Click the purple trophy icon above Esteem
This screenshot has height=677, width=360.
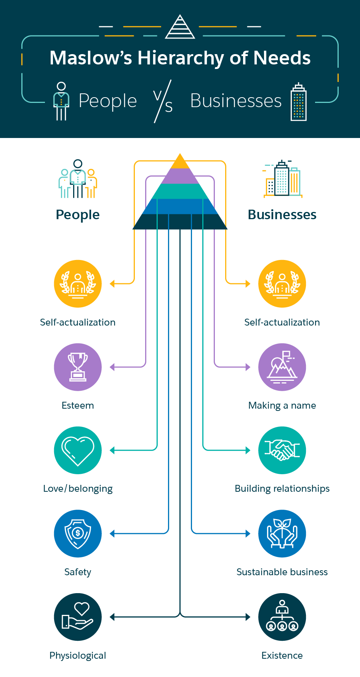tap(78, 367)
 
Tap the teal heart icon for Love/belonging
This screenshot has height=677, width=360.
tap(78, 450)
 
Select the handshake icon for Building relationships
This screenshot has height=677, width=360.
tap(282, 450)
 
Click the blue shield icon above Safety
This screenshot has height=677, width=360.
tap(78, 534)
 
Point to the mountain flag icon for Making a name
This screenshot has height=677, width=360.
tap(282, 367)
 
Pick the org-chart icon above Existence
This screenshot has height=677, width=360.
tap(282, 617)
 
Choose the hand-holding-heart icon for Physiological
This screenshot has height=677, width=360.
tap(78, 617)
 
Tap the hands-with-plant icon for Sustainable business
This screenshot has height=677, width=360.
tap(282, 534)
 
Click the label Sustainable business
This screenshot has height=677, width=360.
tap(282, 572)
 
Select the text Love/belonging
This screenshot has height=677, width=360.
tap(78, 489)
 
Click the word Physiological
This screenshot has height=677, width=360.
tap(78, 656)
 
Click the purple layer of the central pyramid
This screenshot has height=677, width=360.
tap(180, 176)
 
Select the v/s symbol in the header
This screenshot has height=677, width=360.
tap(163, 101)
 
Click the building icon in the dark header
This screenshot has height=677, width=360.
tap(299, 102)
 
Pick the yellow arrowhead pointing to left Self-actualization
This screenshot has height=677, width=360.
tap(112, 284)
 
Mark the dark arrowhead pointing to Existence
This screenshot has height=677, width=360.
tap(248, 617)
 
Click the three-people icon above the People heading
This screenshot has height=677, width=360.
tap(78, 179)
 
